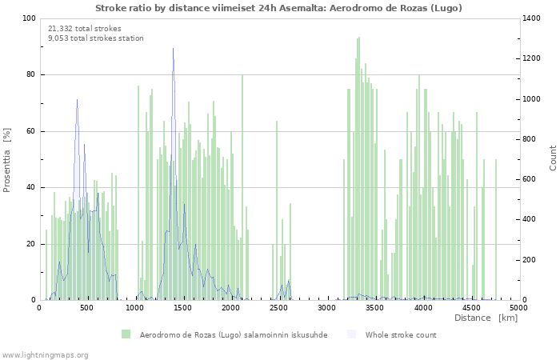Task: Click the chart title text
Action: (x=278, y=8)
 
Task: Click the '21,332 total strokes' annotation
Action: (x=85, y=28)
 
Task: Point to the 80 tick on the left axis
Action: (x=30, y=75)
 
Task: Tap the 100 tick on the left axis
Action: (x=29, y=18)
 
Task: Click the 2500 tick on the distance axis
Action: (x=279, y=308)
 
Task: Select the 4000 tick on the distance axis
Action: (x=422, y=308)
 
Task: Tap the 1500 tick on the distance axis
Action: (x=183, y=308)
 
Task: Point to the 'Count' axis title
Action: (x=553, y=158)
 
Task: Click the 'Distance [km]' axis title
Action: (x=486, y=318)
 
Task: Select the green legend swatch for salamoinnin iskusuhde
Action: (x=126, y=334)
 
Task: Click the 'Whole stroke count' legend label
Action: (x=401, y=334)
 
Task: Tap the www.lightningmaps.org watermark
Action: (x=45, y=354)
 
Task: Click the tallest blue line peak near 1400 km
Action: (x=173, y=48)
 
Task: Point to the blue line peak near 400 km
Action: (x=78, y=100)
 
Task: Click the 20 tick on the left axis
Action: (x=30, y=244)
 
